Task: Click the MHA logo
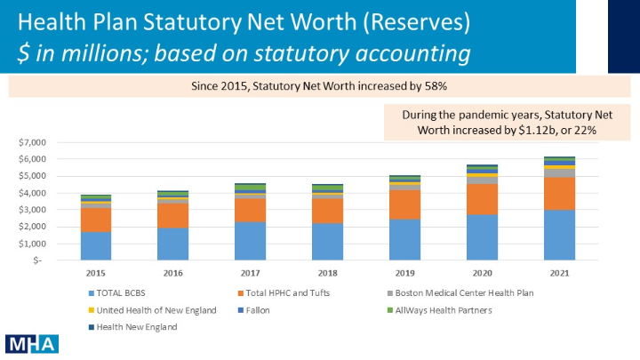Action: [32, 344]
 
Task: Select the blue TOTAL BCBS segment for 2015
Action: [96, 246]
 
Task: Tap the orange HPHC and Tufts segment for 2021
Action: [560, 194]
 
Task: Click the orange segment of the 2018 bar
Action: [328, 211]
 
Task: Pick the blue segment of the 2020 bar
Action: [483, 237]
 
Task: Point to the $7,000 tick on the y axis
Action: [32, 142]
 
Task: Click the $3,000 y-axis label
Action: [32, 210]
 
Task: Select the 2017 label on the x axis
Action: [250, 273]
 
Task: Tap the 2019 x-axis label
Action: [405, 273]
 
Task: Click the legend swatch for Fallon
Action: [241, 310]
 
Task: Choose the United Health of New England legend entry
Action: [153, 310]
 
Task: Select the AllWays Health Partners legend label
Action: [444, 310]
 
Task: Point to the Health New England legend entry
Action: [133, 327]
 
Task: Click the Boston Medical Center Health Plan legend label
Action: [464, 293]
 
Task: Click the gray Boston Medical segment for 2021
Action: [560, 173]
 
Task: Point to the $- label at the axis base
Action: [37, 260]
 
